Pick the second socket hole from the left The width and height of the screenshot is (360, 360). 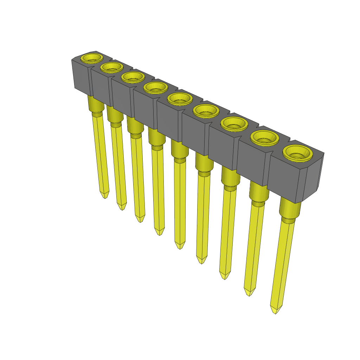111,67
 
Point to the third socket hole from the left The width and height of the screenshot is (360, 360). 133,77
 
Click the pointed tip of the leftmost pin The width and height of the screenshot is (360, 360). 105,195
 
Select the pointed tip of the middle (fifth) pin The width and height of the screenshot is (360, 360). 180,246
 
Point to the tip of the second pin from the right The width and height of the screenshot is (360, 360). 249,292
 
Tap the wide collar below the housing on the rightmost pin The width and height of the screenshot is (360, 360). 290,209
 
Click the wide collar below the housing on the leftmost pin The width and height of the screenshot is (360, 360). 96,104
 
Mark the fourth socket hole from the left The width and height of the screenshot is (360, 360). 155,87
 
